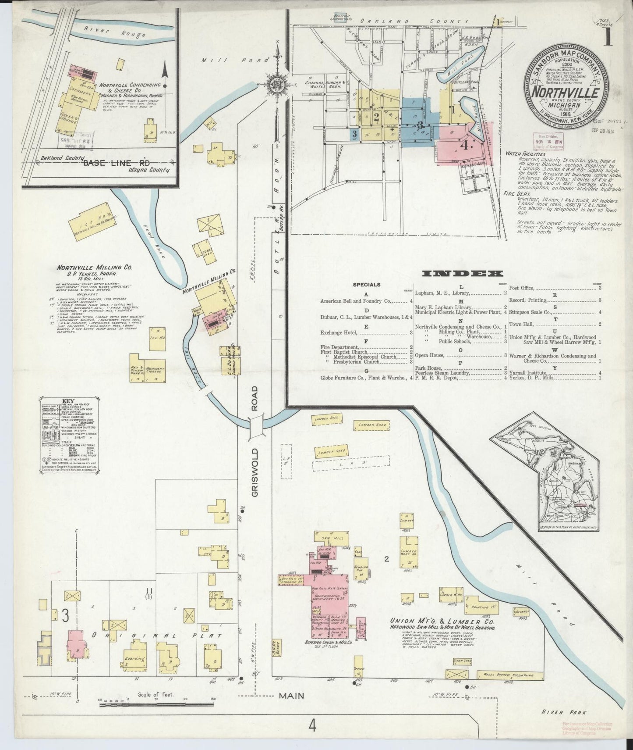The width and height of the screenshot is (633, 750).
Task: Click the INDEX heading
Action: (462, 273)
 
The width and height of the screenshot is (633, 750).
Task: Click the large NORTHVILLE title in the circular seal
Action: (565, 93)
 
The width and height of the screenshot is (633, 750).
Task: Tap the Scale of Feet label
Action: (156, 694)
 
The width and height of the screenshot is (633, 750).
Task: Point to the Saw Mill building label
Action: (329, 538)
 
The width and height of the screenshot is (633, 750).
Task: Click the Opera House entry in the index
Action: (430, 355)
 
